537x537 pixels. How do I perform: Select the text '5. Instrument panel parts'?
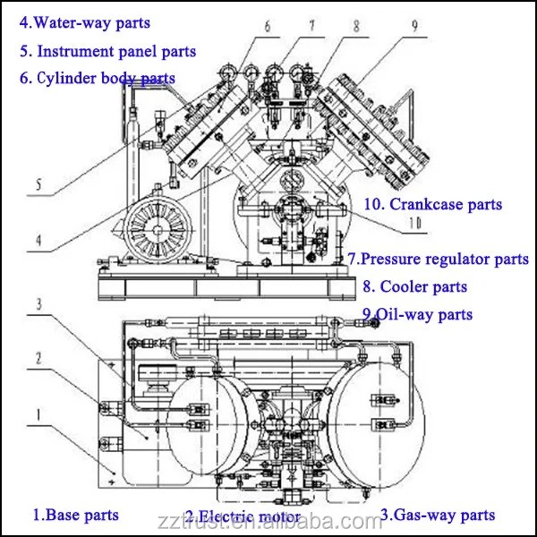click(x=107, y=52)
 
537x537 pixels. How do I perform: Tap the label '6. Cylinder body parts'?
click(x=97, y=78)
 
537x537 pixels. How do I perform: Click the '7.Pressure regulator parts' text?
click(x=439, y=260)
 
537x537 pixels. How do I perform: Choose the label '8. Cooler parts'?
click(x=414, y=287)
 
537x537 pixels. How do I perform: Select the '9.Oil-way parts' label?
click(x=417, y=314)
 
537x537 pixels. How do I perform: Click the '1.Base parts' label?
click(x=76, y=515)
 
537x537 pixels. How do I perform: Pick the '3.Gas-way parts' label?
click(x=438, y=515)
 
